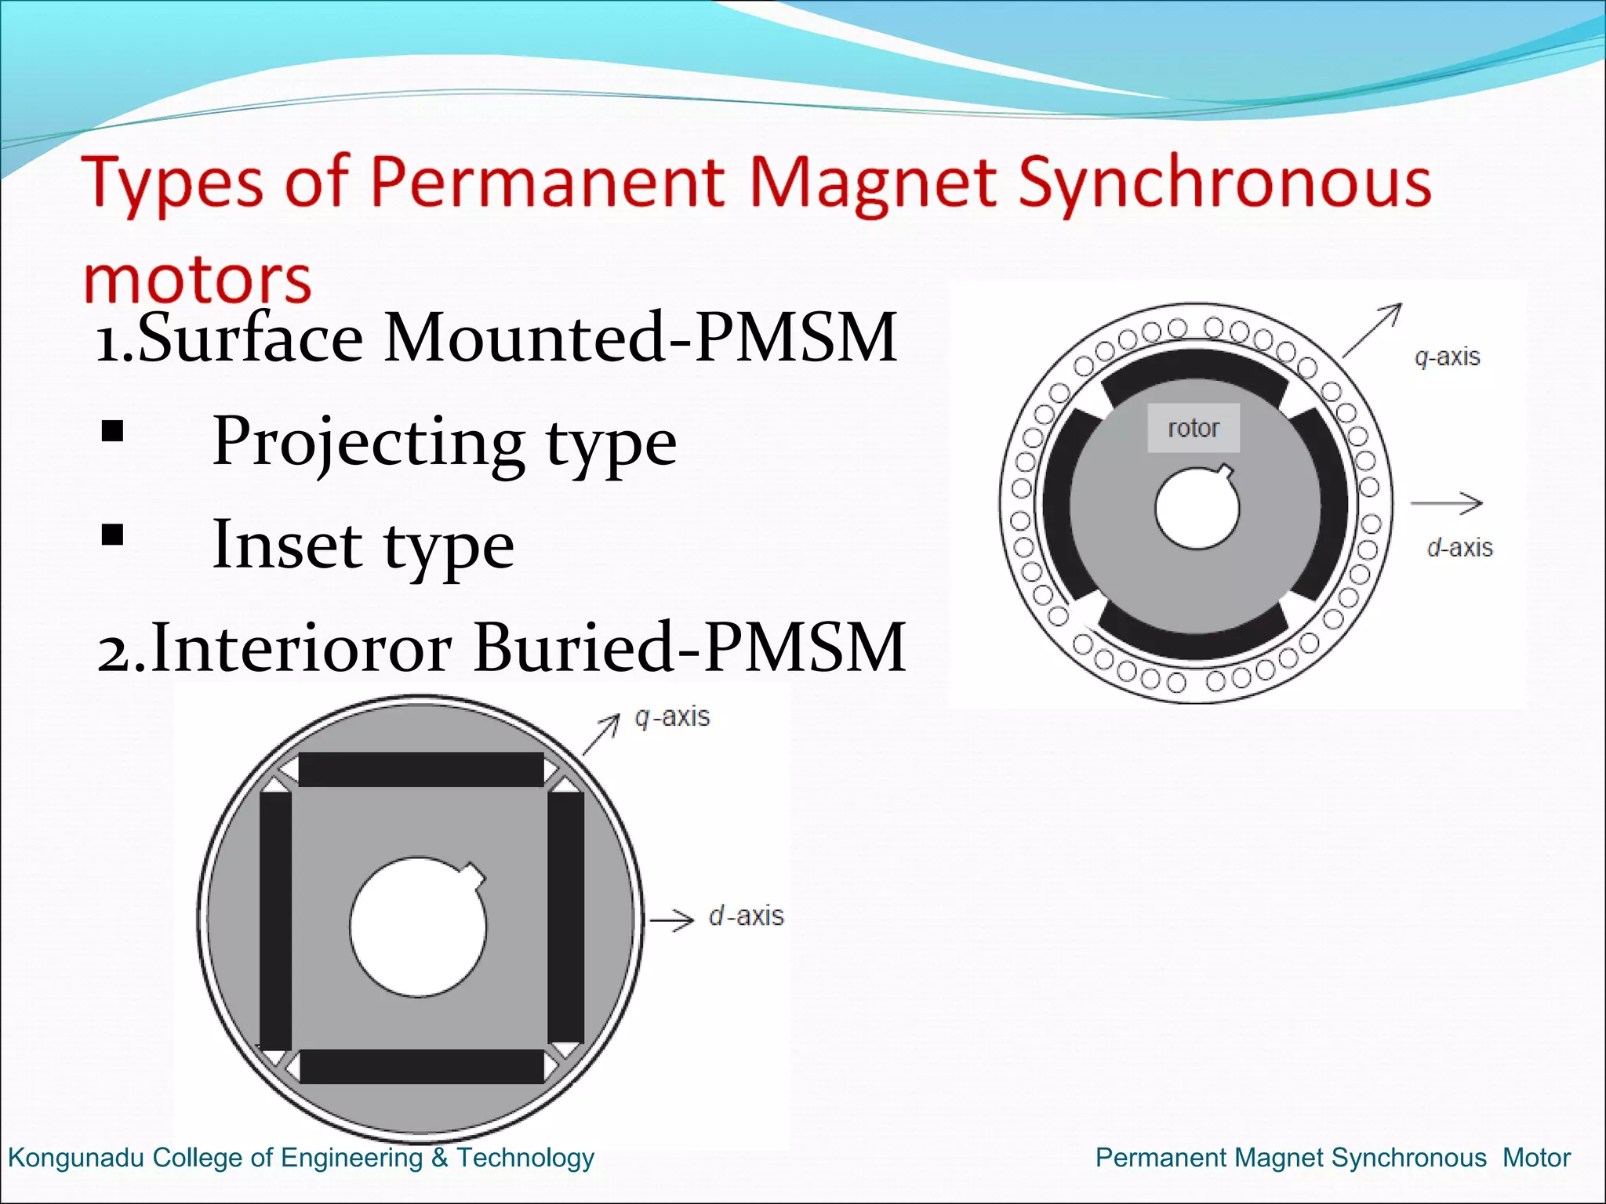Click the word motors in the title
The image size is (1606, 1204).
tap(198, 280)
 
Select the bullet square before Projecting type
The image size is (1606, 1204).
tap(113, 432)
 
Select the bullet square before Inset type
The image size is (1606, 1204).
tap(113, 535)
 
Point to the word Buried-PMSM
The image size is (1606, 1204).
tap(690, 647)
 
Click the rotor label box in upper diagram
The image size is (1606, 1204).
tap(1194, 428)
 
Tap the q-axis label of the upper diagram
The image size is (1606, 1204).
tap(1447, 357)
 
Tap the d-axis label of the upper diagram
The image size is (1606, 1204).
tap(1459, 547)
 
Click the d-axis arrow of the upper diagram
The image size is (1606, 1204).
tap(1446, 502)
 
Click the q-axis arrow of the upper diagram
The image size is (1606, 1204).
tap(1372, 330)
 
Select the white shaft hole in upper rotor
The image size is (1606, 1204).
tap(1196, 510)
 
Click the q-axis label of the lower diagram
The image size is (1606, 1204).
tap(672, 716)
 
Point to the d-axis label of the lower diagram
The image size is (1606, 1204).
tap(746, 916)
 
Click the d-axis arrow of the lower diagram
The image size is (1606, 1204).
tap(672, 919)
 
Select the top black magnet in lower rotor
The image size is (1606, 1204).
tap(421, 770)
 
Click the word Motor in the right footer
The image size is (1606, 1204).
tap(1536, 1158)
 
